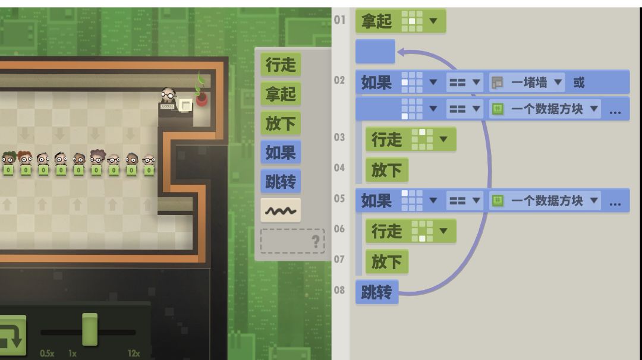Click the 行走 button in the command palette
(x=281, y=65)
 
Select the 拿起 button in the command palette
(x=281, y=94)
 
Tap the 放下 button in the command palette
(x=281, y=123)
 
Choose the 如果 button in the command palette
(x=281, y=152)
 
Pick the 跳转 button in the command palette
(x=281, y=181)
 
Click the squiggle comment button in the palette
(x=281, y=210)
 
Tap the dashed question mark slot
(x=292, y=241)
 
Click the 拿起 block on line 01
(x=401, y=21)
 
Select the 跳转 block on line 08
(x=377, y=292)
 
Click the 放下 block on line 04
(x=387, y=170)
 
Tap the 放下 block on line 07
(x=387, y=261)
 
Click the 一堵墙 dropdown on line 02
(x=527, y=83)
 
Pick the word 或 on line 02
(x=579, y=83)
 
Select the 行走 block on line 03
(x=411, y=139)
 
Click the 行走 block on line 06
(x=411, y=231)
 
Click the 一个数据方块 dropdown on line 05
(x=545, y=200)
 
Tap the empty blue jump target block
(x=375, y=52)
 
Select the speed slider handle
(x=90, y=329)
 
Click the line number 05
(x=339, y=198)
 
